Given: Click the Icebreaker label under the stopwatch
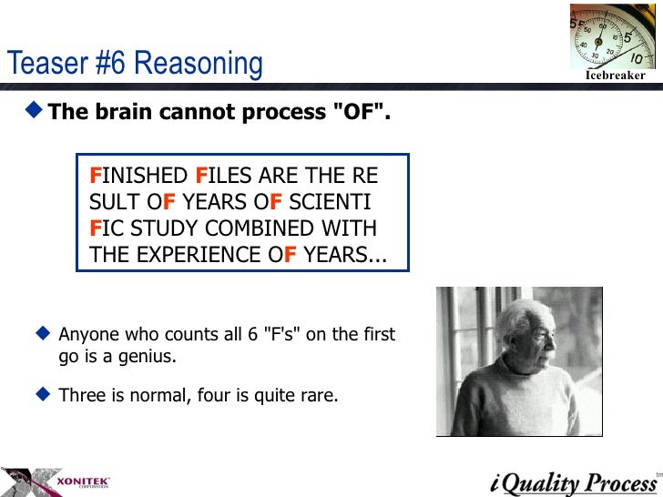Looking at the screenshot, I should pyautogui.click(x=615, y=76).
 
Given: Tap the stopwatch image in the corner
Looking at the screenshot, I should pyautogui.click(x=611, y=35).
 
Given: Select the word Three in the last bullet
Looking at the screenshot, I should pyautogui.click(x=80, y=397).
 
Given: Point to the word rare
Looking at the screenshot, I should pyautogui.click(x=318, y=397).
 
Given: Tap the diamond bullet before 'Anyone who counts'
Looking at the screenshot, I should pyautogui.click(x=42, y=334).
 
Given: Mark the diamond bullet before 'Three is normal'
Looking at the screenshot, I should pyautogui.click(x=42, y=396).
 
